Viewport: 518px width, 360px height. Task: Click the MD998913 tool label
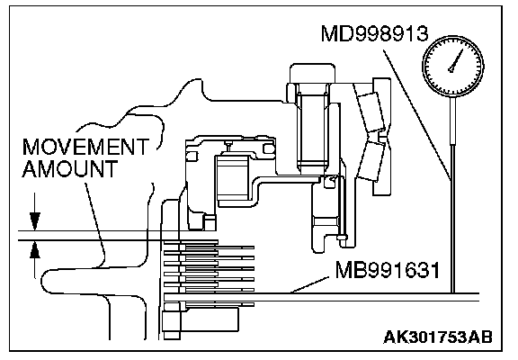tap(375, 33)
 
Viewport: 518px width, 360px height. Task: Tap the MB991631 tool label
tap(388, 270)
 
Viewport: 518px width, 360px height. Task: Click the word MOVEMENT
tap(85, 147)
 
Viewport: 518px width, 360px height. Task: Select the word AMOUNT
tap(70, 169)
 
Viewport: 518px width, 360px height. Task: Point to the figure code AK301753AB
tap(438, 337)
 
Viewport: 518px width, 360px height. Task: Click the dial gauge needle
tap(457, 59)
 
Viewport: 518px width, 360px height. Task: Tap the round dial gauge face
tap(453, 66)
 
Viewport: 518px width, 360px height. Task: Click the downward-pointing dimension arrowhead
tap(35, 221)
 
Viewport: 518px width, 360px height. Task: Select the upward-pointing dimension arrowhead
tap(35, 249)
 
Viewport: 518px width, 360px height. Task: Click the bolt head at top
tap(312, 75)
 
